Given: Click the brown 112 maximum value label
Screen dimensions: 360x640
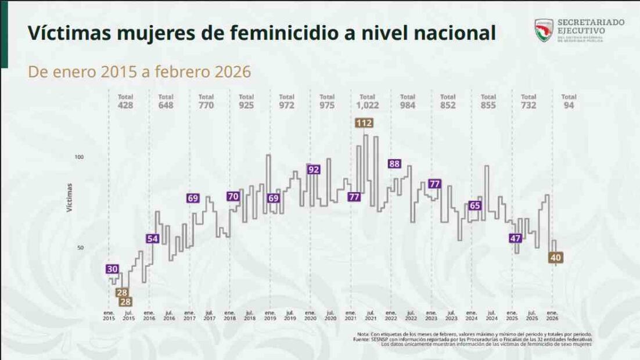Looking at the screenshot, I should [x=364, y=123].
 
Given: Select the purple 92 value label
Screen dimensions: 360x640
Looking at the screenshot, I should [x=314, y=170].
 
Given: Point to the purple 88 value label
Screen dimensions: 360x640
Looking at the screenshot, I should [x=394, y=164].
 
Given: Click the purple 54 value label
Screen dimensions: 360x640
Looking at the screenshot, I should [x=153, y=239].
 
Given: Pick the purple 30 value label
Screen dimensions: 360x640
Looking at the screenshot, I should [x=113, y=269].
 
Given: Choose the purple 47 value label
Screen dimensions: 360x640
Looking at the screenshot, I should [x=515, y=239].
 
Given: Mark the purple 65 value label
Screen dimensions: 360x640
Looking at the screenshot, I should [x=475, y=206].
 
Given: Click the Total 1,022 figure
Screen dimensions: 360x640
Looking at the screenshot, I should [x=367, y=106].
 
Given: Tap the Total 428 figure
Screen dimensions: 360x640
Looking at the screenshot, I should [x=125, y=106].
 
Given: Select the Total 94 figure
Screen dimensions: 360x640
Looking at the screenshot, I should [x=569, y=106].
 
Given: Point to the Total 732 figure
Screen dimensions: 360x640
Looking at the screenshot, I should [x=528, y=106].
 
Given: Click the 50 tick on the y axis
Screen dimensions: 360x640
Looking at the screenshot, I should [x=80, y=248].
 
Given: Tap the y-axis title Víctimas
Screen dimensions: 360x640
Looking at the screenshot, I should [x=70, y=197].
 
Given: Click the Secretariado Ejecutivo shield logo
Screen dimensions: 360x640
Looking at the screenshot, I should [x=544, y=31].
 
